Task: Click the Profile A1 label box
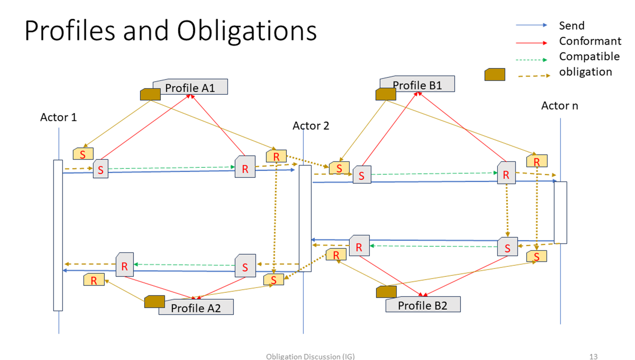pos(190,87)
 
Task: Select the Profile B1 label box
pos(418,85)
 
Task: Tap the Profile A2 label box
pos(196,308)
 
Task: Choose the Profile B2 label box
pos(423,305)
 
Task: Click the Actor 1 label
pos(58,117)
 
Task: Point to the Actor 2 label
pos(311,126)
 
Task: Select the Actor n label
pos(559,106)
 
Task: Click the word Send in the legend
pos(571,25)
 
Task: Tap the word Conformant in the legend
pos(590,41)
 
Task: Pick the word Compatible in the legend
pos(589,56)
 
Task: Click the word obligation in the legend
pos(585,71)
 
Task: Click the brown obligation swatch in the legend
pos(495,75)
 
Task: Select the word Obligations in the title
pos(247,31)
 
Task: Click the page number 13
pos(593,356)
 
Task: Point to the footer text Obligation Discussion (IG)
pos(310,356)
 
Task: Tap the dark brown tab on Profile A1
pos(150,94)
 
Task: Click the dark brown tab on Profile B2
pos(386,292)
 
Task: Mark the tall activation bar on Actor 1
pos(58,235)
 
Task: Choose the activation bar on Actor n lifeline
pos(560,212)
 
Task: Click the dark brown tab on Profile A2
pos(155,302)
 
